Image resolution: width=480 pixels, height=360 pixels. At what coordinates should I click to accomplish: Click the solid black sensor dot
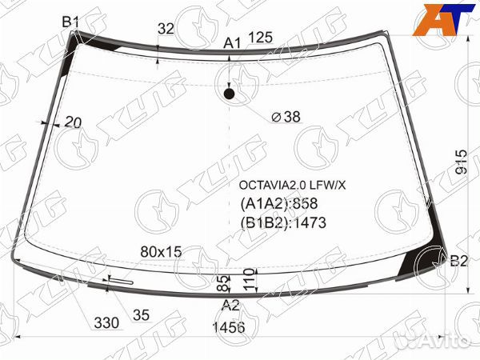pyautogui.click(x=229, y=94)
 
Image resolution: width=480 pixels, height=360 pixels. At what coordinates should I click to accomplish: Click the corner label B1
pyautogui.click(x=70, y=22)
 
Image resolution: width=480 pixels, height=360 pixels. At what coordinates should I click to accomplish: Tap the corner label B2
pyautogui.click(x=458, y=261)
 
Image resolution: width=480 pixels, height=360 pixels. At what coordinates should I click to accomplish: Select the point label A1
pyautogui.click(x=232, y=43)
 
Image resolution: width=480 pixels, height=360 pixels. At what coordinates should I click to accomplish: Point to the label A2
pyautogui.click(x=230, y=306)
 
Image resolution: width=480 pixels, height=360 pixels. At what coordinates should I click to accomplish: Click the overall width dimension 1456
pyautogui.click(x=229, y=327)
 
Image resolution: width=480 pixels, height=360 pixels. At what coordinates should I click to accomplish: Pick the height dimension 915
pyautogui.click(x=462, y=162)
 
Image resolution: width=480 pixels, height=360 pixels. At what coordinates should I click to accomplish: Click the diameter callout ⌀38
pyautogui.click(x=286, y=117)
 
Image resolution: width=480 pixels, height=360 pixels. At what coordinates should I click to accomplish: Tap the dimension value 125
pyautogui.click(x=260, y=38)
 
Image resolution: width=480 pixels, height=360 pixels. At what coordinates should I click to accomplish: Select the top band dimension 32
pyautogui.click(x=166, y=29)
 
